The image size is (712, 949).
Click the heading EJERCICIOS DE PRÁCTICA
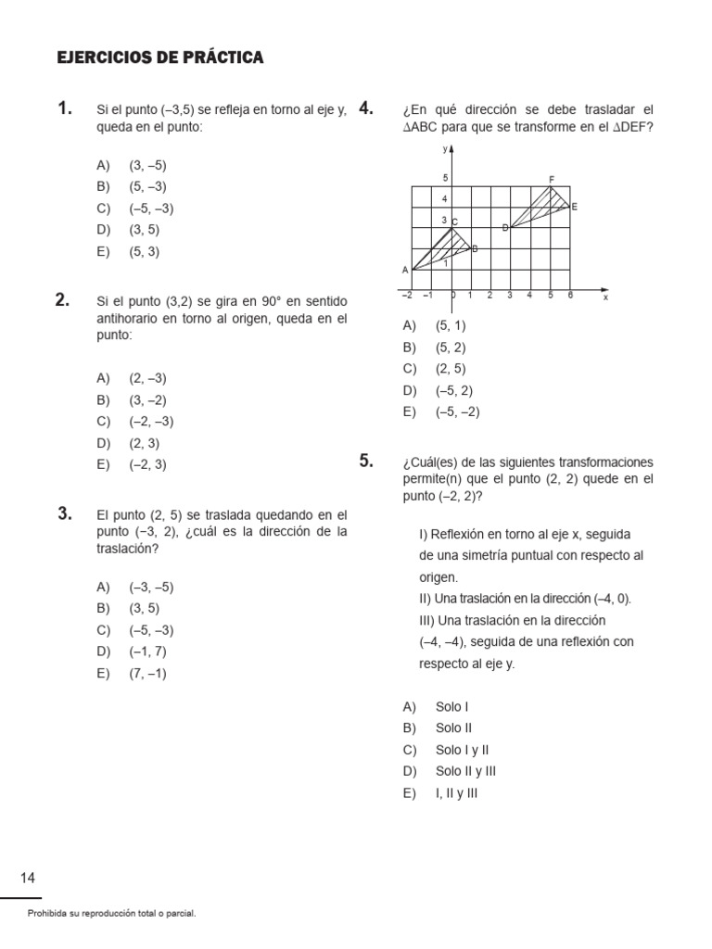pyautogui.click(x=160, y=58)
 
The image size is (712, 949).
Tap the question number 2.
pyautogui.click(x=63, y=299)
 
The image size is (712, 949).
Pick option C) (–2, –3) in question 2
pyautogui.click(x=135, y=422)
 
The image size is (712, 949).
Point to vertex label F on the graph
pyautogui.click(x=552, y=180)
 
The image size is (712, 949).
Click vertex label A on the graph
pyautogui.click(x=404, y=270)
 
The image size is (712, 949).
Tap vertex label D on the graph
pyautogui.click(x=505, y=227)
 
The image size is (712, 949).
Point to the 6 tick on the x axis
pyautogui.click(x=570, y=296)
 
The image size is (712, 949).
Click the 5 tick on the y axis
pyautogui.click(x=445, y=178)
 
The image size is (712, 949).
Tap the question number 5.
pyautogui.click(x=365, y=461)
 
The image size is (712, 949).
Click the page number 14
pyautogui.click(x=28, y=878)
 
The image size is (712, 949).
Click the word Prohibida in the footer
pyautogui.click(x=47, y=914)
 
